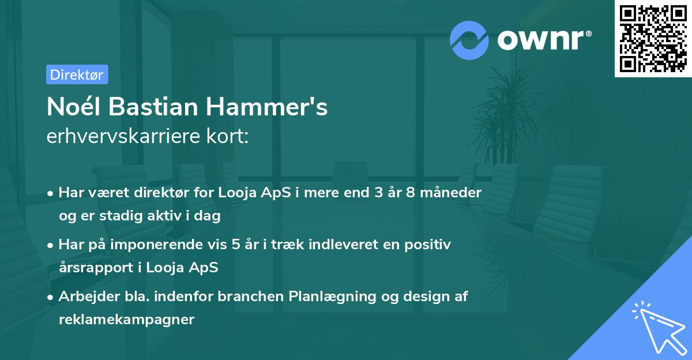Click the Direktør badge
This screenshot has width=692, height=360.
pos(77,74)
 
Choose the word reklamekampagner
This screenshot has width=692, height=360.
pos(127,320)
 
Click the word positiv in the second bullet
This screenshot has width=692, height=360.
pos(430,245)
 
